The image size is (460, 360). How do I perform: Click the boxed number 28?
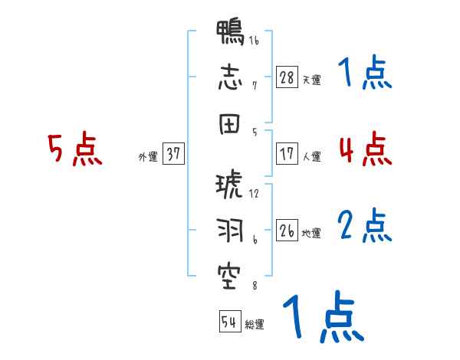click(287, 77)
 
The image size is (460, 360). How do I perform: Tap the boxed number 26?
click(287, 230)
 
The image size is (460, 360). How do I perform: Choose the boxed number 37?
click(173, 154)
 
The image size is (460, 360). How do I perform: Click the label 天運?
click(311, 80)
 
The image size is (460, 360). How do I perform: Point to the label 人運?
click(311, 156)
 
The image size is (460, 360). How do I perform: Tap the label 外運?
click(148, 156)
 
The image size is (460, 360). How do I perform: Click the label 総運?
click(255, 324)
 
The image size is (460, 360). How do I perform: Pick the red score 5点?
click(74, 149)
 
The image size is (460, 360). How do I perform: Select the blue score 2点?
click(365, 226)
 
